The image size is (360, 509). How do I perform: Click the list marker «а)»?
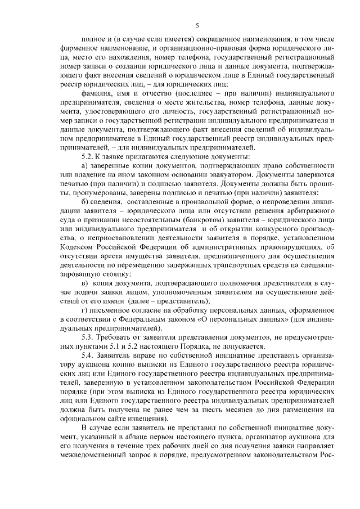click(x=84, y=166)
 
